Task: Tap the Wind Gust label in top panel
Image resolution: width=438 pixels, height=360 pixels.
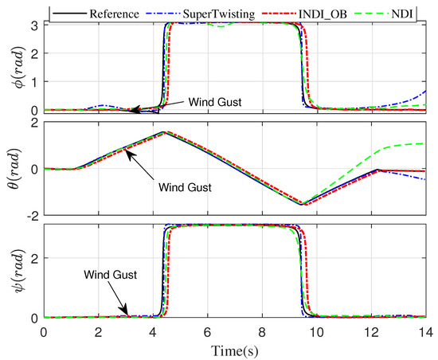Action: [217, 103]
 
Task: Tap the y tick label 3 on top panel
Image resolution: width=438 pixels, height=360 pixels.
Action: [35, 25]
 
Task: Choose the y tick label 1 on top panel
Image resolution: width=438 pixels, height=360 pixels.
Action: [35, 81]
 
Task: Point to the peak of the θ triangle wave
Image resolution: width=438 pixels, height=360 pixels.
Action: [163, 132]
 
